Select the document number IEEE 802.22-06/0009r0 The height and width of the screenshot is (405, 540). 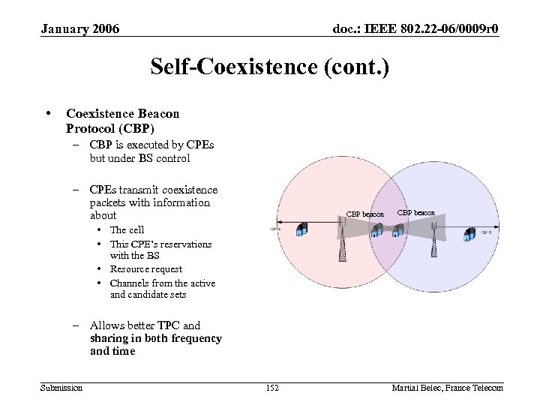coord(416,29)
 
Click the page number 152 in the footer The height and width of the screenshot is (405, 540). coord(271,387)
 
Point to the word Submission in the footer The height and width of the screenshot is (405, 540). coord(61,387)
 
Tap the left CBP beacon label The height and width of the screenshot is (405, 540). coord(364,214)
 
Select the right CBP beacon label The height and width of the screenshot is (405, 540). coord(415,212)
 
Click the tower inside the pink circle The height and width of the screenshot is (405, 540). coord(343,246)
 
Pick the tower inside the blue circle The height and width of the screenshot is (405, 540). coord(433,246)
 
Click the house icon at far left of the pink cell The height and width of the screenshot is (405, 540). coord(302,229)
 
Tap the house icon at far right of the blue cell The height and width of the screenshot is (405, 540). coord(471,235)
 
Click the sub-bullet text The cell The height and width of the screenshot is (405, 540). coord(127,230)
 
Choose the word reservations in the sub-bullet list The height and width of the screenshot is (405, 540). coord(186,244)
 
